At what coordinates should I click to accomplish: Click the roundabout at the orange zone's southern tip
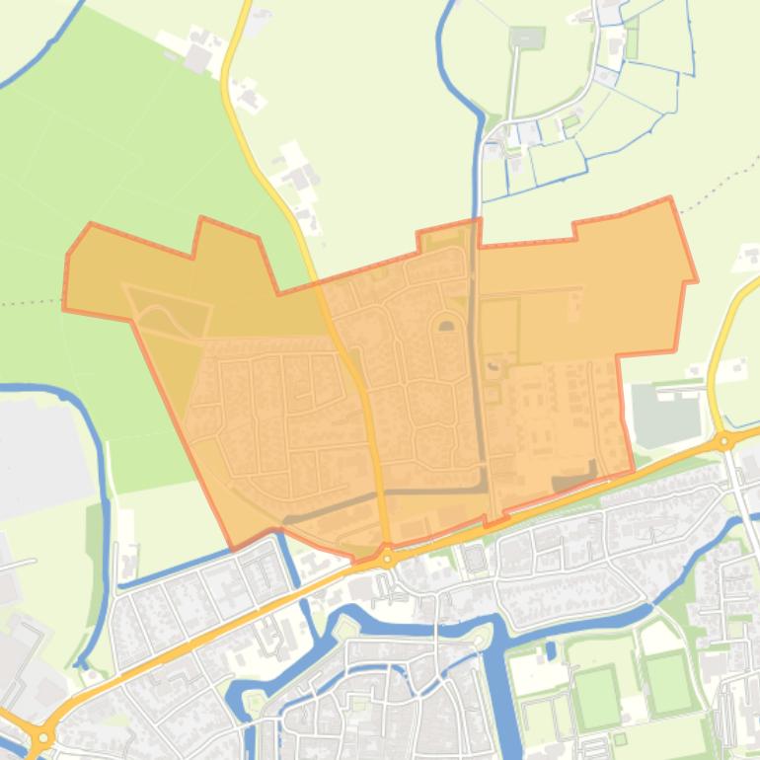[x=388, y=559]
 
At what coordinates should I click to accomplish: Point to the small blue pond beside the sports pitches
[x=551, y=650]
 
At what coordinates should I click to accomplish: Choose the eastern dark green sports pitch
[x=669, y=681]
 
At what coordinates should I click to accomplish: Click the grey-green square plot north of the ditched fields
[x=527, y=38]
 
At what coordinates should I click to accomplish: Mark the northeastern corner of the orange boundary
[x=670, y=199]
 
